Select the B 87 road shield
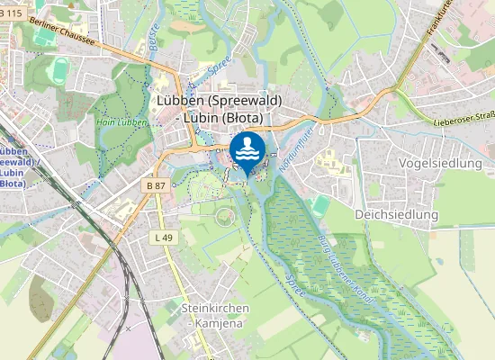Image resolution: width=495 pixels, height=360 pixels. pyautogui.click(x=156, y=184)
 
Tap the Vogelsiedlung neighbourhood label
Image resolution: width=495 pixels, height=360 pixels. pyautogui.click(x=440, y=163)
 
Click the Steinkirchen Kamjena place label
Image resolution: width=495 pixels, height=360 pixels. pyautogui.click(x=215, y=315)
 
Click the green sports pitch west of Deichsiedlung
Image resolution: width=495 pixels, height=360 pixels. pyautogui.click(x=321, y=206)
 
